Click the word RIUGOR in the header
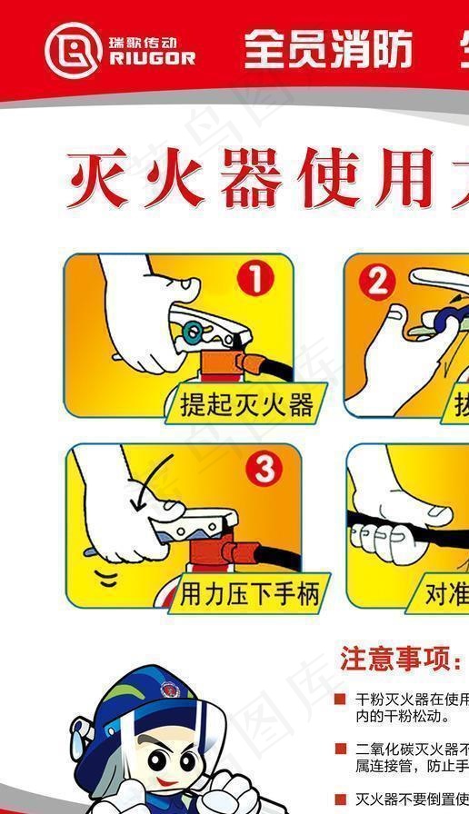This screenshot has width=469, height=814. coord(151,59)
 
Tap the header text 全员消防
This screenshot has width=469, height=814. coord(328,48)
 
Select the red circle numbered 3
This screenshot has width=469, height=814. coord(264,470)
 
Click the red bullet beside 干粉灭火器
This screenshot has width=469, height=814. coord(340,700)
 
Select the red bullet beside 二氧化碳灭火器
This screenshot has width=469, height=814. coord(340,749)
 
